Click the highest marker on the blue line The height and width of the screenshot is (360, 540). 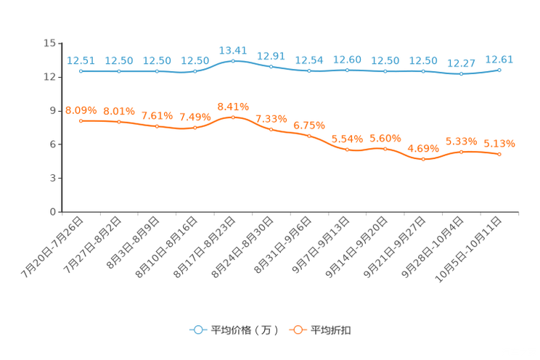[232, 61]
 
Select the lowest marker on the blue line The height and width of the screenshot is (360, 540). [461, 74]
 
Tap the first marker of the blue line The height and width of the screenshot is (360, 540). [81, 71]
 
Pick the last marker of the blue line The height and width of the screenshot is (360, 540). [499, 70]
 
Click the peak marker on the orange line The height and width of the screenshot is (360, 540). [232, 117]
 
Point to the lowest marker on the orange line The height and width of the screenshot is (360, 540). [423, 159]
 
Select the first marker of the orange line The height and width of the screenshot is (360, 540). [81, 120]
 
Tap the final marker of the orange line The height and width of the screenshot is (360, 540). [499, 155]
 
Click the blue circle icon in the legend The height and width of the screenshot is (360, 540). [198, 330]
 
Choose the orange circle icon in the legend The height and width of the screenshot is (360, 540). [298, 330]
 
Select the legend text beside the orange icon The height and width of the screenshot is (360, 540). [332, 330]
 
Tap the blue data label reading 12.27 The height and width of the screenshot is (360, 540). [461, 63]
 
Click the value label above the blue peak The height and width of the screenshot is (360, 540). [232, 50]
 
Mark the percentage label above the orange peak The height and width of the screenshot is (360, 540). [232, 106]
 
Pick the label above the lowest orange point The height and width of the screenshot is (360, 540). [423, 148]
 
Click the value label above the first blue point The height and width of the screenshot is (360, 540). [81, 60]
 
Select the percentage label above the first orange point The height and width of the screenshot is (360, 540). [81, 110]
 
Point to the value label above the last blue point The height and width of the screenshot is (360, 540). [499, 59]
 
